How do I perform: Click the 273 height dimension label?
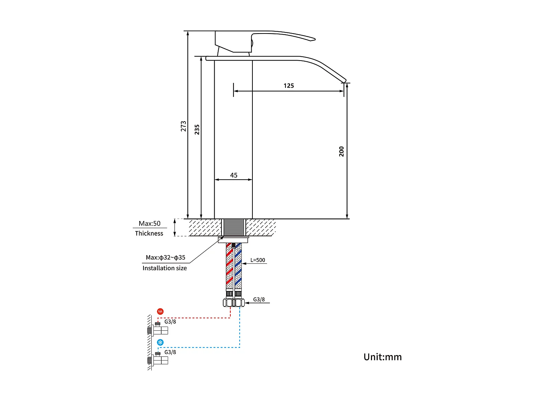183,126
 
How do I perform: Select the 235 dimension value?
197,129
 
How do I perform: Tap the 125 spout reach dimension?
289,86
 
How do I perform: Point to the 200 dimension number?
341,151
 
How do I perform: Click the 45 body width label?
234,175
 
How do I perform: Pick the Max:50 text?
150,223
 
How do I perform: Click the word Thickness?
149,233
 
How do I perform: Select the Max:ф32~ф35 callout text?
165,257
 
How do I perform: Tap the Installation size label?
164,268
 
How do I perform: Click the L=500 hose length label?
258,260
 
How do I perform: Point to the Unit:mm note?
382,357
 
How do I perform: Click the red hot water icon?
161,312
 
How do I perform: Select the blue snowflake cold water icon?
161,343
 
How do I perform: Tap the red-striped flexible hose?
229,267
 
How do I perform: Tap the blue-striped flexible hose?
238,267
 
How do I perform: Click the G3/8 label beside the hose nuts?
259,299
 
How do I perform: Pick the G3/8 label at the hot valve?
170,322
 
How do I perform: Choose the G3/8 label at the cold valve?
170,352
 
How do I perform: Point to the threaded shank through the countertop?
233,227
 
